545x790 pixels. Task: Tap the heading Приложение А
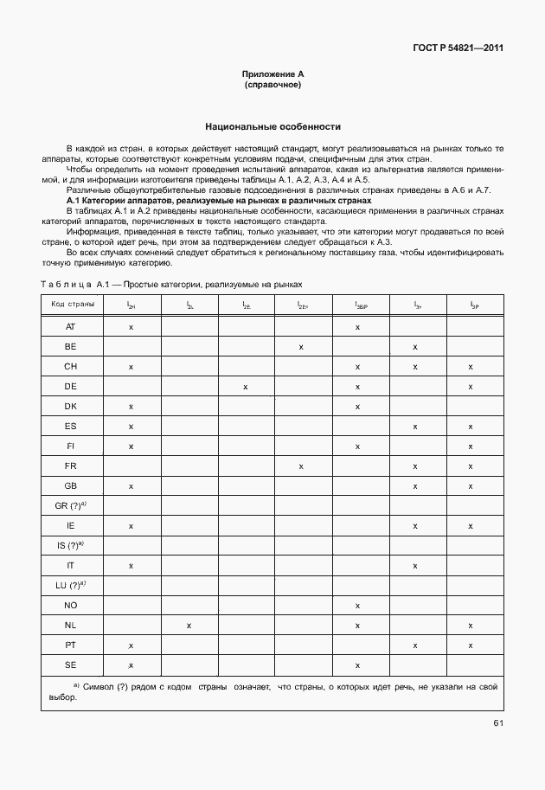tap(272, 75)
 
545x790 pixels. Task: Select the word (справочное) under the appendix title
tap(272, 86)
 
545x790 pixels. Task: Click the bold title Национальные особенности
tap(272, 126)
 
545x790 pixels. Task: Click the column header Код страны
tap(72, 305)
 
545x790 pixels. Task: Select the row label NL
tap(71, 625)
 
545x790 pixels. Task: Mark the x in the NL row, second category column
tap(189, 625)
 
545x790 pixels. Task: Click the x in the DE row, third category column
tap(246, 387)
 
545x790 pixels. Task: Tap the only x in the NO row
tap(357, 605)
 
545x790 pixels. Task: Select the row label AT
tap(71, 327)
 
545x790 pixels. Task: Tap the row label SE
tap(71, 665)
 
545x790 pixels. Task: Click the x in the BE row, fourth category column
tap(301, 347)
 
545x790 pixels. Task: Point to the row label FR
tap(71, 466)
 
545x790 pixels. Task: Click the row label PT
tap(71, 645)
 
